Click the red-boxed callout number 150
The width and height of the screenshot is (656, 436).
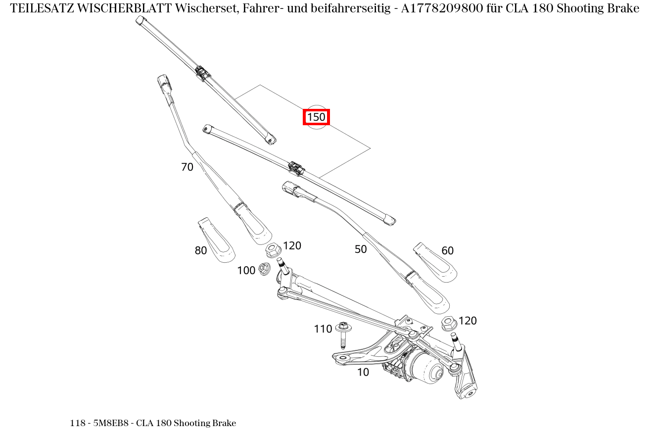[316, 117]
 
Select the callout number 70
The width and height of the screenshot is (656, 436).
[187, 167]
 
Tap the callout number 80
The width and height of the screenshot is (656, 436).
[200, 251]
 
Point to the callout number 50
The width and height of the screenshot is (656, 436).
[361, 249]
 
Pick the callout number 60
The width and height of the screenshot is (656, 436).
[447, 251]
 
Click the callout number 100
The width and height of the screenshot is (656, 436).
[246, 271]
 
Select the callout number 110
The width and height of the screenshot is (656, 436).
[323, 329]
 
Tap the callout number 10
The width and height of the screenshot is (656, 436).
[363, 373]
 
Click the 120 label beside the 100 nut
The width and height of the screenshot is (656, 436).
[292, 246]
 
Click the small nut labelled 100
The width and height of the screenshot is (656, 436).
[264, 269]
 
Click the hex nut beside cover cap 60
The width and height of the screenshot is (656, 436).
[448, 324]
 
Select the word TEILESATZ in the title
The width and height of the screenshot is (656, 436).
[42, 8]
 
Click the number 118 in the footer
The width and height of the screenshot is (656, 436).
[77, 423]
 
